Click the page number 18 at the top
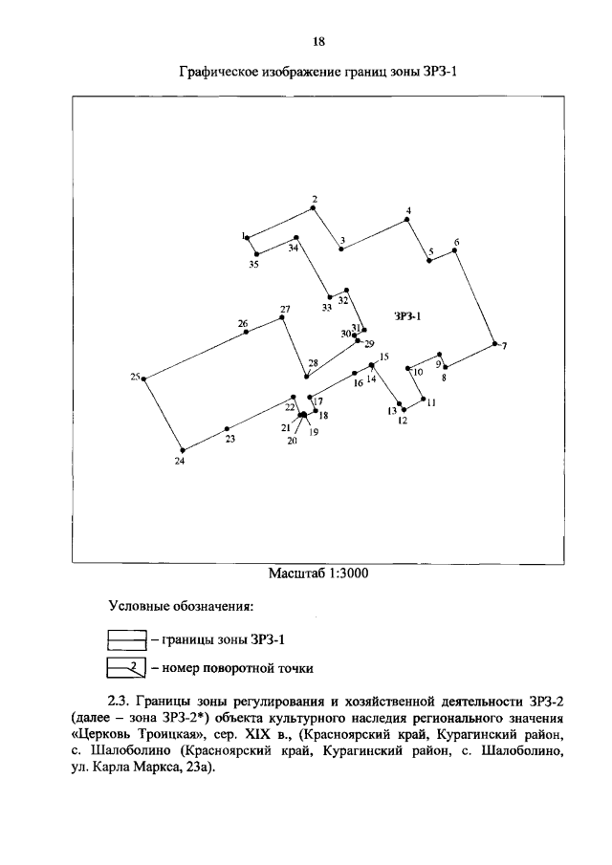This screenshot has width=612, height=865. pos(319,40)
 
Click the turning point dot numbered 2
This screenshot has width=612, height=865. pos(316,207)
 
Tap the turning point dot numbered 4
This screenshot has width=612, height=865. pos(407,219)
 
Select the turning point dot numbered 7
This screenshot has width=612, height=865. pos(494,343)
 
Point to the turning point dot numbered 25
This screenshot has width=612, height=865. pos(143,379)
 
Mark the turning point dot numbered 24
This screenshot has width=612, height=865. pos(182,450)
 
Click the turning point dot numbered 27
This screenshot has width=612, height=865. pos(281,318)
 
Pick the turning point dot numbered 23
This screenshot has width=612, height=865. pos(227,428)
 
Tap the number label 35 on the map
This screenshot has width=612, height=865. pos(253,265)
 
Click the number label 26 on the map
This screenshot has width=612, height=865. pos(243,323)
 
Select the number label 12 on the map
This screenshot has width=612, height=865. pos(403,420)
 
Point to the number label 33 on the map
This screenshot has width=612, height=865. pos(327,307)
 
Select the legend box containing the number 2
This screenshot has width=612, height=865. pos(125,667)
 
